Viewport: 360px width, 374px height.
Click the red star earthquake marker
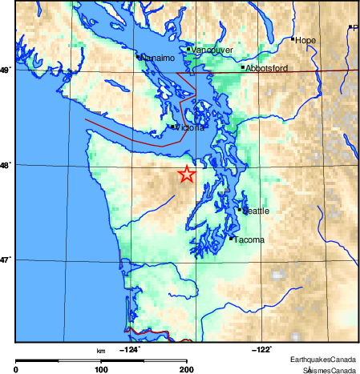tap(186, 174)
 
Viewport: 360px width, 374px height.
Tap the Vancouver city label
tap(212, 50)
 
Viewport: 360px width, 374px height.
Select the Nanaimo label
tap(157, 58)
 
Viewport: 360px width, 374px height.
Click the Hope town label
tap(305, 40)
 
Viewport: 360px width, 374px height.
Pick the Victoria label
tap(189, 127)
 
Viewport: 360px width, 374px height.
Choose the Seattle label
tap(256, 211)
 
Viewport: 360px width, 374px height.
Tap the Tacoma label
tap(249, 239)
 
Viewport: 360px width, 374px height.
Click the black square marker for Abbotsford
tap(242, 67)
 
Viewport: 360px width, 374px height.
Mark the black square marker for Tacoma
tap(231, 238)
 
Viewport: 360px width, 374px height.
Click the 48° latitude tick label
tap(5, 166)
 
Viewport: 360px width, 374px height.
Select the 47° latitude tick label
tap(5, 260)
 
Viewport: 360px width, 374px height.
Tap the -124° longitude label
tap(128, 350)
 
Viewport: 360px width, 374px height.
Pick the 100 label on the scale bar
tap(101, 369)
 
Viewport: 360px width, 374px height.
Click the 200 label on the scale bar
tap(186, 369)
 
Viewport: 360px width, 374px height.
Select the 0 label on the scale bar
tap(17, 369)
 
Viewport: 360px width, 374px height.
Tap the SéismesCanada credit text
tap(329, 369)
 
